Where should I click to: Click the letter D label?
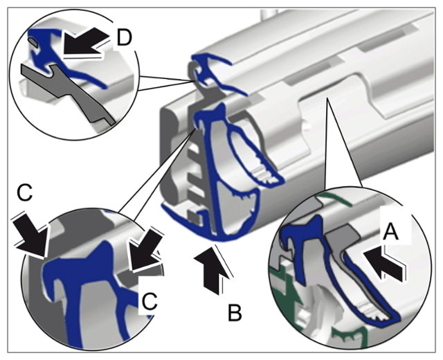click(x=125, y=37)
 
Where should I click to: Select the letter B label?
click(x=235, y=312)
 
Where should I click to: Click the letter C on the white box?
click(x=150, y=301)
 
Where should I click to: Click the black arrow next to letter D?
click(x=84, y=42)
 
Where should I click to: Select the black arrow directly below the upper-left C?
click(x=33, y=236)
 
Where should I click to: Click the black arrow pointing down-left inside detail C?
click(x=145, y=250)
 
